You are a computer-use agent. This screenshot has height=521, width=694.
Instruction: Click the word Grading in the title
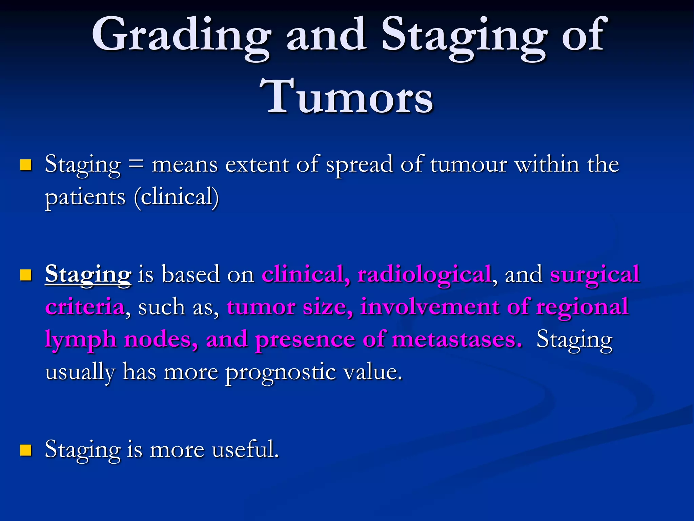181,36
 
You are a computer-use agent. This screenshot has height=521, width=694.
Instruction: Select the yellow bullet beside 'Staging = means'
26,165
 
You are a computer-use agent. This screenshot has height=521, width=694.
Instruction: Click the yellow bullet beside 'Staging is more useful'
26,450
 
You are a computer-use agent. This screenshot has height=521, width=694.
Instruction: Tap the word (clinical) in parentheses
177,197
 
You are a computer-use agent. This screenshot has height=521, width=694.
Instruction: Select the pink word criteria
85,307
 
